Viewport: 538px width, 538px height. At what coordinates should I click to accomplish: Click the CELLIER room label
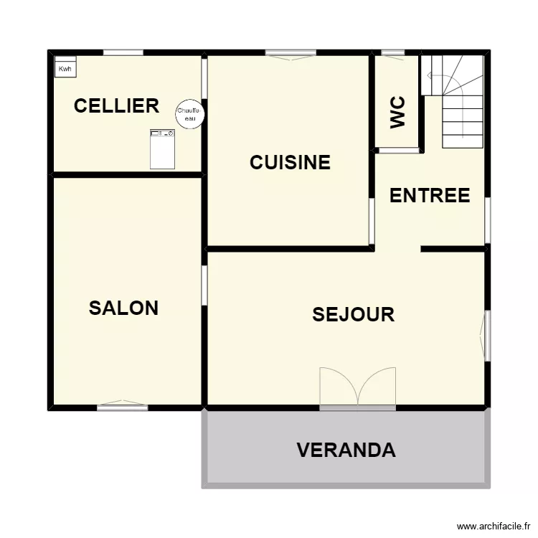116,106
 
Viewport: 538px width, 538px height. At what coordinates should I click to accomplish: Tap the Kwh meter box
66,67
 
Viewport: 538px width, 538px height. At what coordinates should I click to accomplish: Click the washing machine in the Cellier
163,148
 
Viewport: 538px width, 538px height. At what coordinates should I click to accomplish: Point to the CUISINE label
290,163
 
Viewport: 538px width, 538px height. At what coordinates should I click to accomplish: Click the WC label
398,112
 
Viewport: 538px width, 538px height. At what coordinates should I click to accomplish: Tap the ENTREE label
430,195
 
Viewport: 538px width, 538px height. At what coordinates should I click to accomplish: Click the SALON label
123,308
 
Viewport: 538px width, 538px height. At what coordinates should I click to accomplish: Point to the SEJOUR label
354,314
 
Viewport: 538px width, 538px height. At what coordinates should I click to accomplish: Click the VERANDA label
346,450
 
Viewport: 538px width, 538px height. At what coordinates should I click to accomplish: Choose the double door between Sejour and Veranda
357,389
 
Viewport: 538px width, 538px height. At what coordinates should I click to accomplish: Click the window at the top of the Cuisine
291,53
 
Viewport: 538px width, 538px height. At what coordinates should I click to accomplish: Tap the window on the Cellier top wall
123,52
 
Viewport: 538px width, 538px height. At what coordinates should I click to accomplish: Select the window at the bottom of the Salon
123,407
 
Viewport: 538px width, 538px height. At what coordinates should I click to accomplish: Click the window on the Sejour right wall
487,336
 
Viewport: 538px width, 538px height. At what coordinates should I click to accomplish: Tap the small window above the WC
392,52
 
